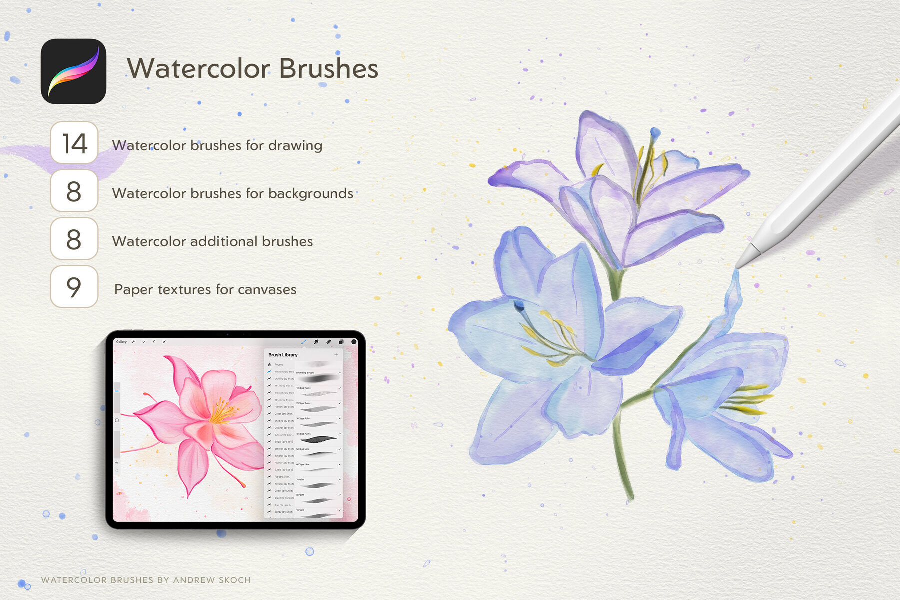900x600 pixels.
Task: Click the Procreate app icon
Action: point(73,71)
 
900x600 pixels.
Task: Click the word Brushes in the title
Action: point(328,68)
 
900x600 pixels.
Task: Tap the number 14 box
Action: point(74,143)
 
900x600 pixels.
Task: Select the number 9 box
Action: point(74,287)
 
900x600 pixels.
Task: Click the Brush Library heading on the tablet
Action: point(283,355)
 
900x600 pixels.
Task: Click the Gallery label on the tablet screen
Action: point(121,342)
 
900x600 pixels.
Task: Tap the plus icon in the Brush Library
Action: point(336,355)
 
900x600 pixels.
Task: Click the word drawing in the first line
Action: point(295,145)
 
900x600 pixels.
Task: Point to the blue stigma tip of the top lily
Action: point(655,132)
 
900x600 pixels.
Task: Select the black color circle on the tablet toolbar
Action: point(354,342)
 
